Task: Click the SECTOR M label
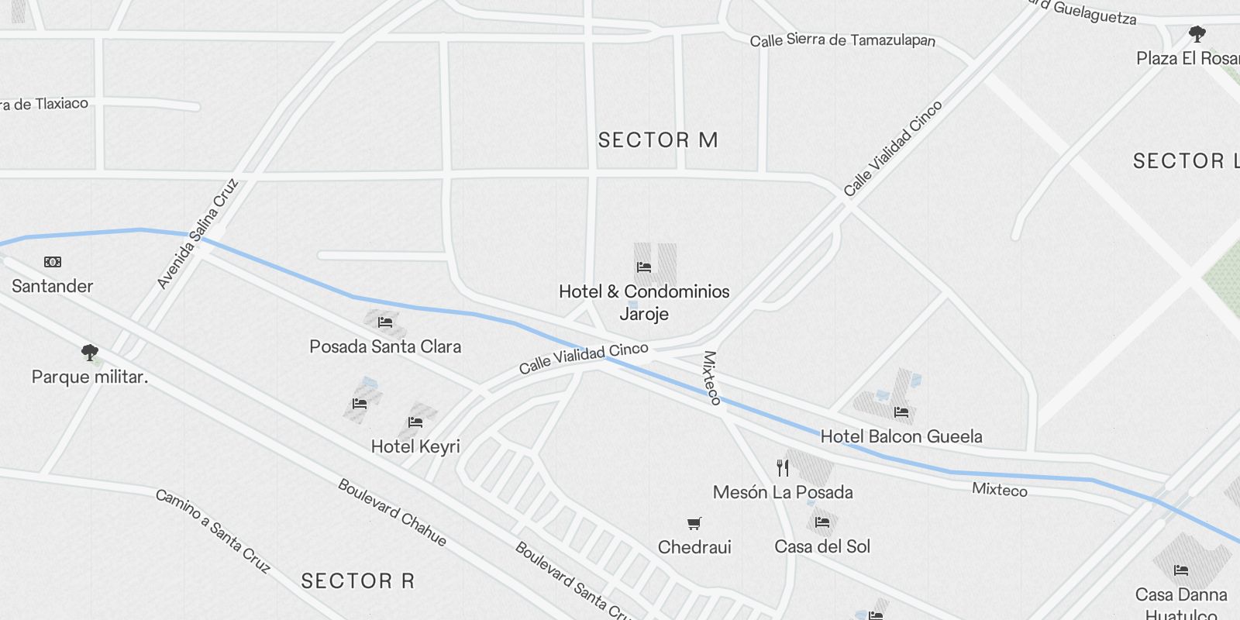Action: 658,140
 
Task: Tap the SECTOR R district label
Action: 357,580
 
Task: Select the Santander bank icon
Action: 52,262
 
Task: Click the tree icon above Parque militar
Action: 90,353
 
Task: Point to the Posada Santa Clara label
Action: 385,346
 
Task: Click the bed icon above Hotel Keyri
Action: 415,422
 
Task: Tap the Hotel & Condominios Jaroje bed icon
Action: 644,267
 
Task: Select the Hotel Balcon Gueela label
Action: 901,436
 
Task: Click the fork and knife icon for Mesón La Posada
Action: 783,467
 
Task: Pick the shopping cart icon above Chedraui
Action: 694,524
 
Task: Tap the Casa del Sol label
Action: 822,546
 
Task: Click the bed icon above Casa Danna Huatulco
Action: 1181,570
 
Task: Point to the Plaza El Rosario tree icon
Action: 1197,34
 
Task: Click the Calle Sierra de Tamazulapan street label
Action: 842,40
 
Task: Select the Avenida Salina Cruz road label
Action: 198,234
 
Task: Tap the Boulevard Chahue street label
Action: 392,512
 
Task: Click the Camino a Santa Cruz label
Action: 213,531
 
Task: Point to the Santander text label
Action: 52,286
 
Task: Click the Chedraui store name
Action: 694,547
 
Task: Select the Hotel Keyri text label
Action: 415,446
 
